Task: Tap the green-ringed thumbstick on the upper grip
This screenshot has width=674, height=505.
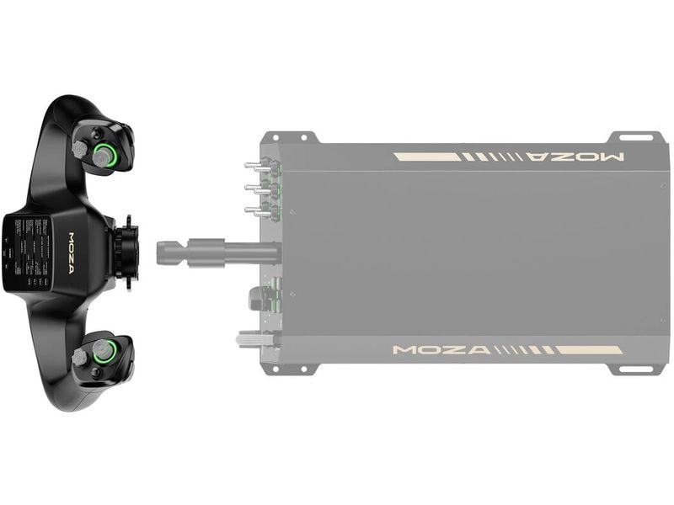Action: pyautogui.click(x=105, y=154)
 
